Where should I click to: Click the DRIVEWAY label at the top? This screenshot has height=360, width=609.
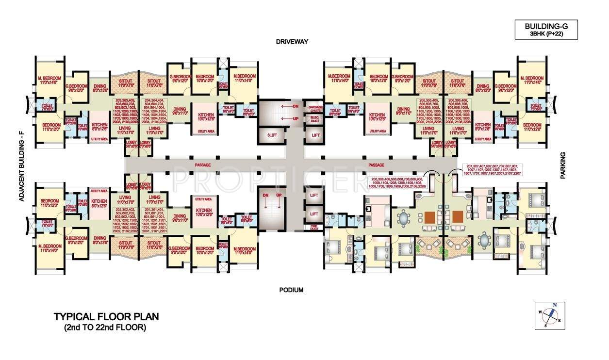pos(292,42)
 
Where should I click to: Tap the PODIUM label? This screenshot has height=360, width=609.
pos(291,290)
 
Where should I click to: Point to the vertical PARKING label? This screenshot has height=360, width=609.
pos(563,165)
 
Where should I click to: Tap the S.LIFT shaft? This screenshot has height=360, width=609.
pos(265,134)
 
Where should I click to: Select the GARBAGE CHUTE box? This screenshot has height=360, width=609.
pos(313,108)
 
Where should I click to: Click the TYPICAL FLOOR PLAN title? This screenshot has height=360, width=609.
pos(106,317)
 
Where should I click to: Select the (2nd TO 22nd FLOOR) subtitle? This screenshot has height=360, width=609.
pos(105,327)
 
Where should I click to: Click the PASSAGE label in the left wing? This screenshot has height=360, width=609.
pos(203,165)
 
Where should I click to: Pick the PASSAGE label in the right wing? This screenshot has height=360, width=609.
pos(376,165)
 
